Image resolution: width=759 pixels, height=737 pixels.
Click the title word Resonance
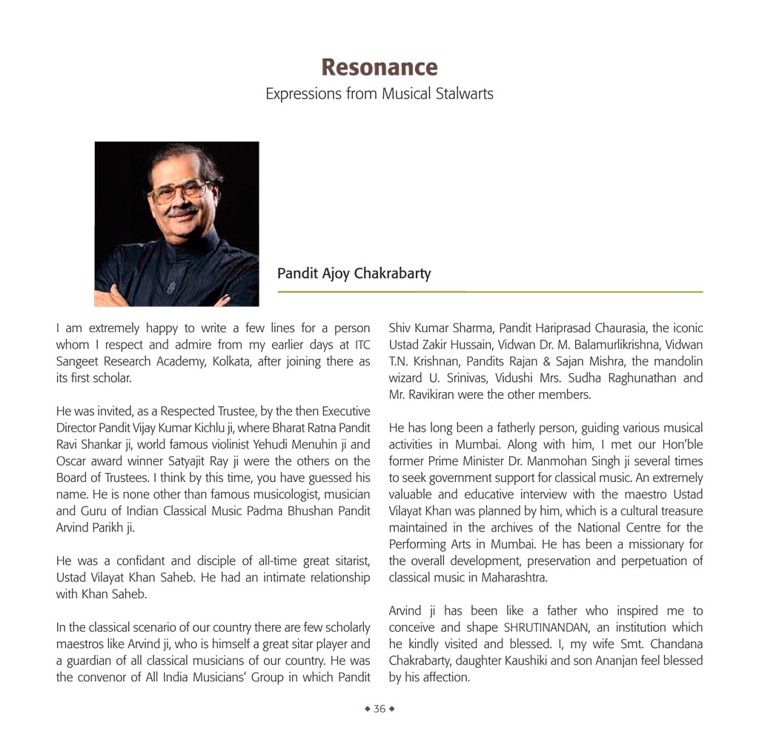point(379,67)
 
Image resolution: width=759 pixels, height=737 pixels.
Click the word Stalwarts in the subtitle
point(465,94)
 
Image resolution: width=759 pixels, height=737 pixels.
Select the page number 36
point(379,709)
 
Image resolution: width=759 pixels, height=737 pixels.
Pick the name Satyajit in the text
point(178,461)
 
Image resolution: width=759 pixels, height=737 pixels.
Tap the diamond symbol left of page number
point(367,709)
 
